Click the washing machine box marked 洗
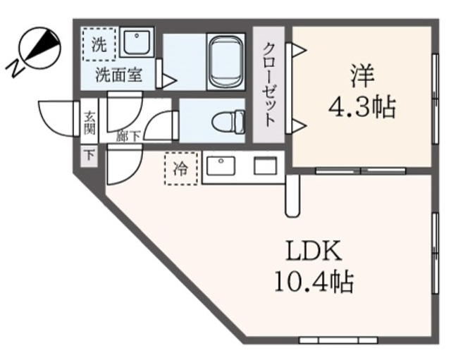(x=99, y=44)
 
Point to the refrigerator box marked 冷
(x=181, y=169)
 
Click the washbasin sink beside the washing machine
(x=136, y=42)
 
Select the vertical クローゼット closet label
(x=269, y=85)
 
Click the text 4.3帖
(x=362, y=107)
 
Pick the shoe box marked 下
(x=89, y=155)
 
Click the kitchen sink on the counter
(x=223, y=167)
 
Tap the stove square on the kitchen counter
(x=266, y=167)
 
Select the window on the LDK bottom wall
(x=328, y=340)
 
